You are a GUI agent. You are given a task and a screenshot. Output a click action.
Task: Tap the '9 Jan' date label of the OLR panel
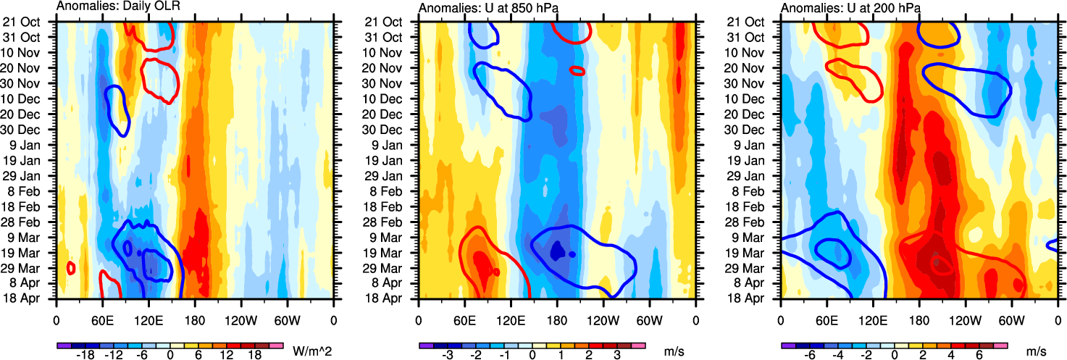pos(35,145)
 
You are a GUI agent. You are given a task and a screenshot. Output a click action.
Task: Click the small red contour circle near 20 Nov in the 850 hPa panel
pos(577,70)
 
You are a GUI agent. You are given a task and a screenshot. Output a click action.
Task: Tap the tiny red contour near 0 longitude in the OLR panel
pos(71,268)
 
